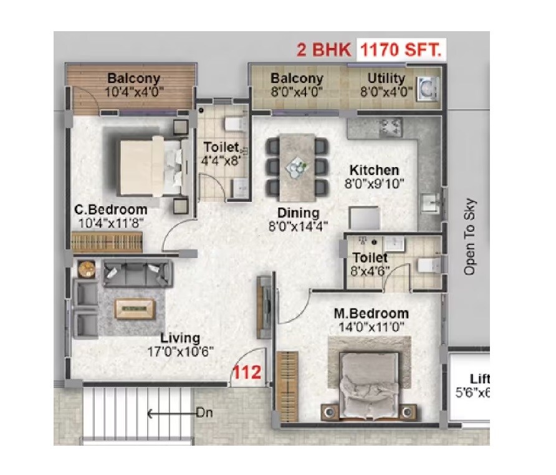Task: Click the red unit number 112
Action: [x=247, y=373]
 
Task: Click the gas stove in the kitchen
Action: [x=391, y=127]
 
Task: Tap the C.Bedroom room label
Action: [x=109, y=209]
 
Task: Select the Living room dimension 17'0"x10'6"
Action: [x=180, y=351]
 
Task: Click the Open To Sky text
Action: [x=470, y=237]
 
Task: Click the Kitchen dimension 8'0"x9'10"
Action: [x=374, y=183]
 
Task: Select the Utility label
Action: [x=386, y=79]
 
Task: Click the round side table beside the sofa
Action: [x=85, y=269]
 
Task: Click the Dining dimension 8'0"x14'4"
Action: [x=299, y=226]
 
